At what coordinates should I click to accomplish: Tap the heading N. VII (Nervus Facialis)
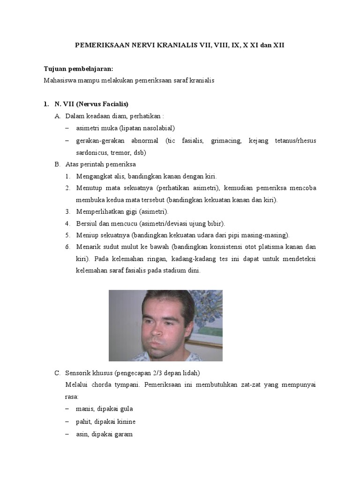pyautogui.click(x=89, y=104)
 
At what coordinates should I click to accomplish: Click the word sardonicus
pyautogui.click(x=92, y=152)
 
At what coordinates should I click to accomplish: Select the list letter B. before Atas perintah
pyautogui.click(x=57, y=165)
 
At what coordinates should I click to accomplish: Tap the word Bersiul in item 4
pyautogui.click(x=86, y=224)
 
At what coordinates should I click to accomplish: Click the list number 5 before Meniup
pyautogui.click(x=67, y=235)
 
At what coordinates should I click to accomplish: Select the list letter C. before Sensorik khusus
pyautogui.click(x=57, y=373)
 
